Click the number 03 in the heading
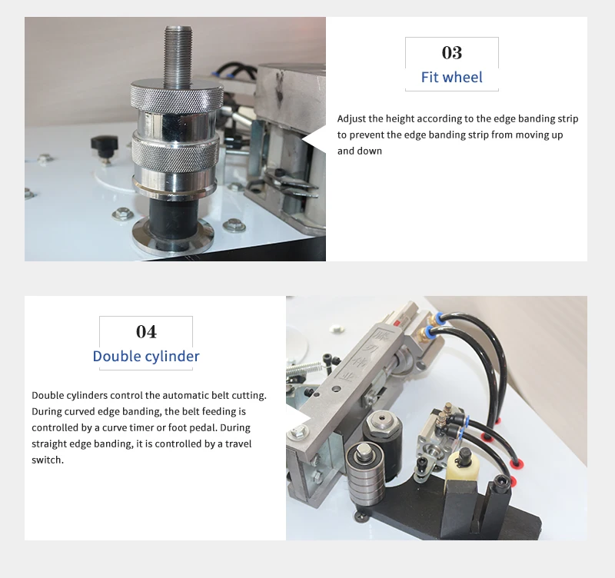coord(451,52)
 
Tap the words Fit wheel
coord(451,77)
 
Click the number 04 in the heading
coord(146,331)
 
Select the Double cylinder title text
coord(146,356)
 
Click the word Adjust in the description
coord(351,119)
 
